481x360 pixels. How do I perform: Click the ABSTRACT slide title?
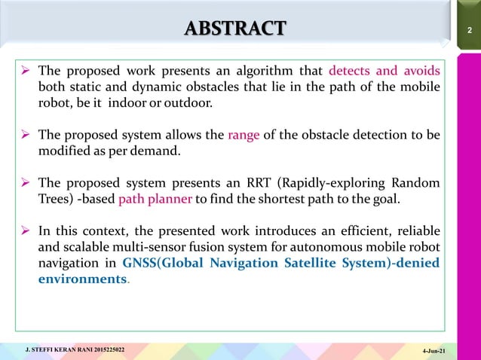click(x=235, y=29)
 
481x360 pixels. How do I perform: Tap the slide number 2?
click(x=469, y=30)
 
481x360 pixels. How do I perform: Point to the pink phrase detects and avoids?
click(x=384, y=72)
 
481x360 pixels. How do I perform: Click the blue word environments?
click(x=82, y=278)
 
